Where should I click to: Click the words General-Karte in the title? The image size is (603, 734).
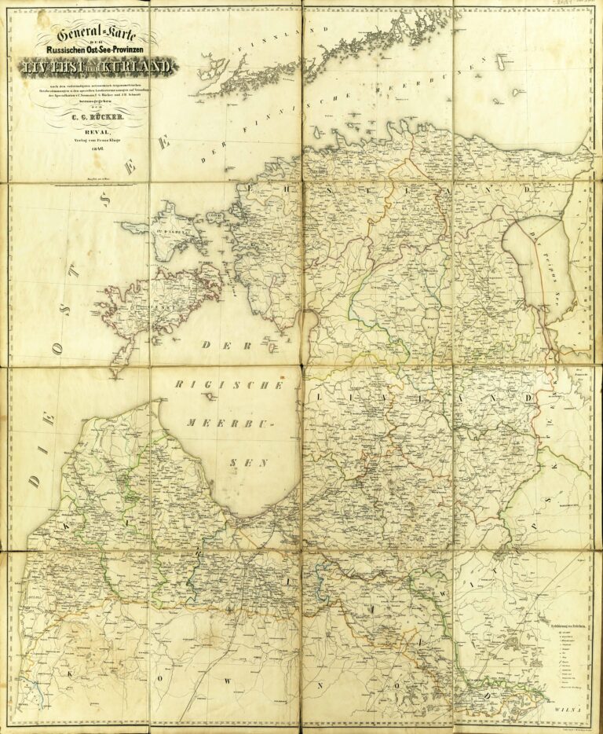pos(93,35)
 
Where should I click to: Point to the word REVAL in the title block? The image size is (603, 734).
pos(93,134)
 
